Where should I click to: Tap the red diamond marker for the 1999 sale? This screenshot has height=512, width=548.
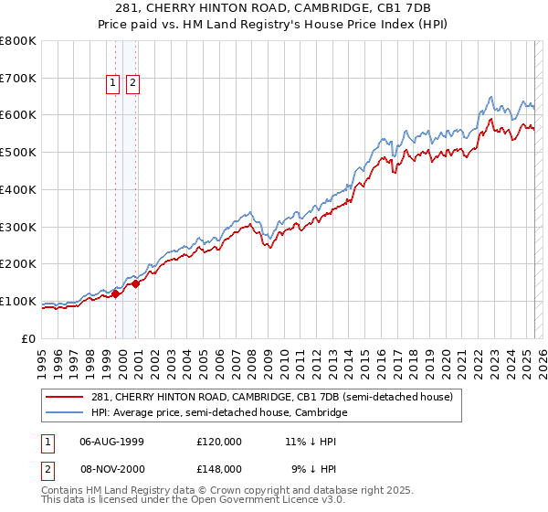(x=116, y=293)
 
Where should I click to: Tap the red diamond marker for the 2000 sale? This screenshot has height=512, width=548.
(x=136, y=283)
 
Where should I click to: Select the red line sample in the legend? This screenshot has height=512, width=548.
(x=66, y=397)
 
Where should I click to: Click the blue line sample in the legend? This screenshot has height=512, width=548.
(x=66, y=413)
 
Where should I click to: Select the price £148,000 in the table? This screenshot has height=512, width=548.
(x=218, y=468)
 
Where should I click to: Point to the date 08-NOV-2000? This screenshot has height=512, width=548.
(x=111, y=468)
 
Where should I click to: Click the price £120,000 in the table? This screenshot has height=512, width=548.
(x=218, y=441)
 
